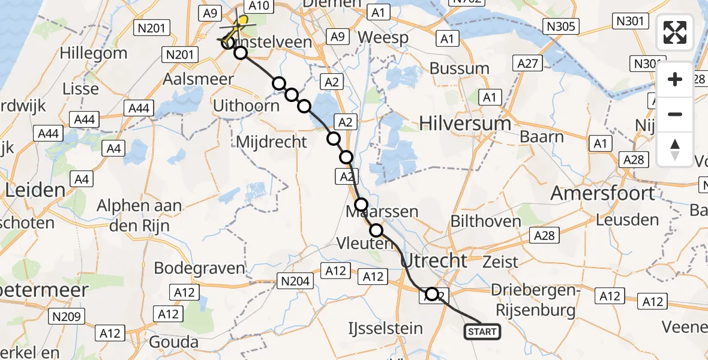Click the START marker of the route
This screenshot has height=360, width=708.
[x=482, y=331]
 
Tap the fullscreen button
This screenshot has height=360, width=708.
[x=675, y=32]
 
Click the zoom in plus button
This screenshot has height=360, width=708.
[x=675, y=79]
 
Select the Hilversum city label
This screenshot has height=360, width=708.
[x=466, y=124]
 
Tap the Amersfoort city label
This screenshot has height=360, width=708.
[x=602, y=193]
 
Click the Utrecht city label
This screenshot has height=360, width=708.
[x=433, y=260]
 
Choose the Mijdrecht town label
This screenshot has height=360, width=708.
[x=272, y=142]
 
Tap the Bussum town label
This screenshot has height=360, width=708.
[x=460, y=68]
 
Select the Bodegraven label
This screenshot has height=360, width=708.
[x=199, y=268]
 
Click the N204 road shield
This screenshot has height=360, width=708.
[x=293, y=280]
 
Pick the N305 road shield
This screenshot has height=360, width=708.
[x=561, y=26]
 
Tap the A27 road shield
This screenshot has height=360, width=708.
[x=528, y=63]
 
